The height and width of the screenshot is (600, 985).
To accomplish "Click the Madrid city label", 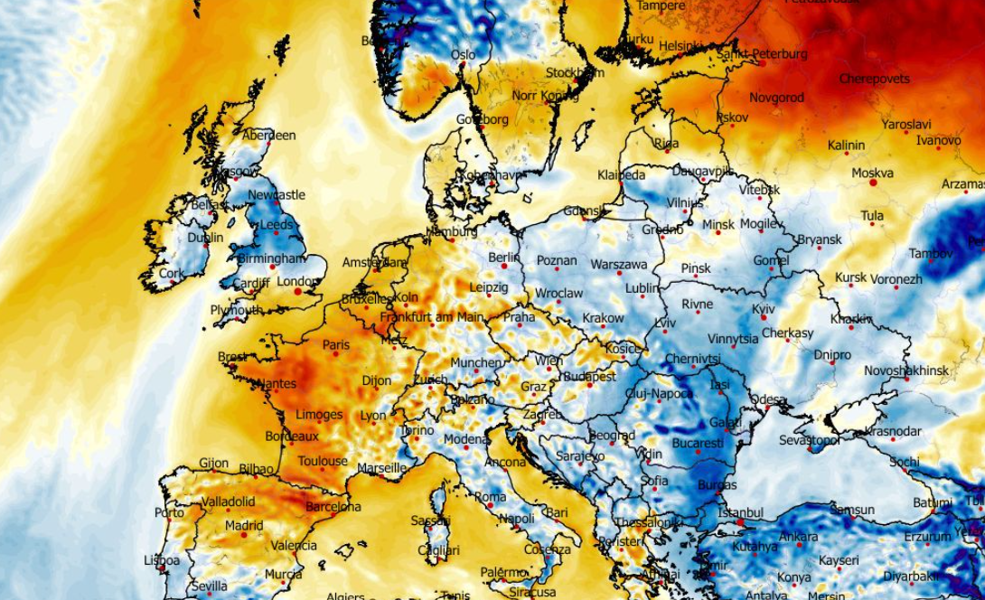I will coord(244,525).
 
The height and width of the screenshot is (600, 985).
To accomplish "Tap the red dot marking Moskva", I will coord(873,183).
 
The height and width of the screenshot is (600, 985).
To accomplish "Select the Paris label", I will coord(336,344).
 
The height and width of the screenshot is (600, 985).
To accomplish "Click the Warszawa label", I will coord(619,265).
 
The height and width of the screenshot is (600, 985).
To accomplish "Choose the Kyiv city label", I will coord(763,309).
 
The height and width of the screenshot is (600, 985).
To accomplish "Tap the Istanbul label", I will coord(740,512).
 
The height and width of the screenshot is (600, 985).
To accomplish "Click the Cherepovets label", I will coord(874,79).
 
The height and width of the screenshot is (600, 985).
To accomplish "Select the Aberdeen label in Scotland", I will coord(269,136).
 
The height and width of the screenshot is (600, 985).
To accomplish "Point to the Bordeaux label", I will coord(292,436).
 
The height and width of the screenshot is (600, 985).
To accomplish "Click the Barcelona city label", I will coord(333,507).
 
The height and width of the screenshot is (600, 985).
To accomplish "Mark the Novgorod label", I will coord(776,97).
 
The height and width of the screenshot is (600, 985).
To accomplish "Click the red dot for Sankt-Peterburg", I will coord(763,63).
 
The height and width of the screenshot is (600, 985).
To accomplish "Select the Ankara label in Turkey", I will coord(798,536).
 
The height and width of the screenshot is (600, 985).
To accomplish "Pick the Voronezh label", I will coord(897,279).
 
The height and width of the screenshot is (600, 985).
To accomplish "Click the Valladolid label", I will coord(229,502).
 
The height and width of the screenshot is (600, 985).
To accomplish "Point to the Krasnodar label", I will coord(893,431).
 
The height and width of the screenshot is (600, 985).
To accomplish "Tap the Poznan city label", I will coord(557,260).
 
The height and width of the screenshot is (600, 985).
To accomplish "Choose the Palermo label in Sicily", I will coord(503,572).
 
